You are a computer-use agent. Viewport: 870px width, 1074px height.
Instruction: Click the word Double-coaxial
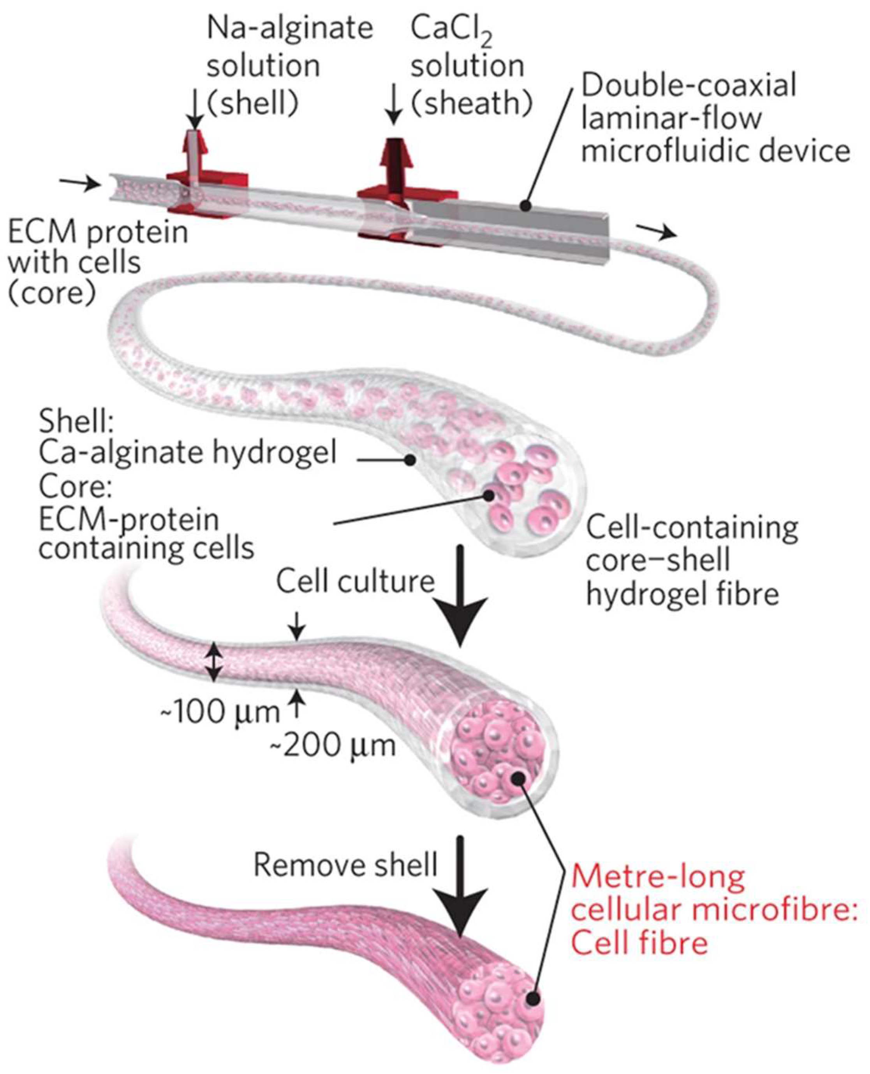pos(688,85)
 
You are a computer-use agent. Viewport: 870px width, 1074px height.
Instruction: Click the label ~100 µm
pos(220,711)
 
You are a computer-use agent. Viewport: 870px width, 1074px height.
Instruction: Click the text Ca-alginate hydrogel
pos(187,453)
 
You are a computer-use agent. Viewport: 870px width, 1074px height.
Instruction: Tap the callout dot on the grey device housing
pos(525,205)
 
